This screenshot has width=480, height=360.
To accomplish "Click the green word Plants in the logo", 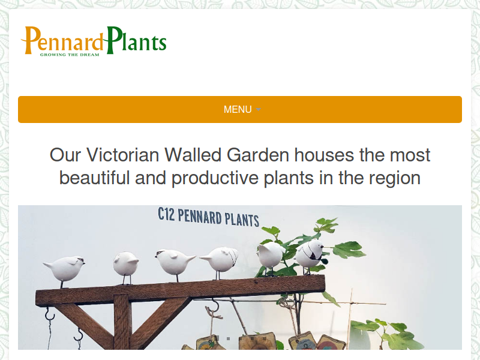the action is point(136,40).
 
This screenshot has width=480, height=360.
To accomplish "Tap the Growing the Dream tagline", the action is point(70,55).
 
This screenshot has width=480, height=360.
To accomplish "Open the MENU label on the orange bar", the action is point(238,109).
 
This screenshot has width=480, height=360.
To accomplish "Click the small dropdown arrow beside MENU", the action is point(258,109).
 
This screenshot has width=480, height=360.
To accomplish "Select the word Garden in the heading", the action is point(258,155).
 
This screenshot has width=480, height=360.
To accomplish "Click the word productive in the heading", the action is point(215,178).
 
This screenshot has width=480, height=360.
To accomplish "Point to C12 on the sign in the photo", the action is point(166,214).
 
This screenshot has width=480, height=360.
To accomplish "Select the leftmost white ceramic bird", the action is point(65,269).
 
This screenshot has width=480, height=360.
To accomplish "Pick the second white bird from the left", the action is point(125,265).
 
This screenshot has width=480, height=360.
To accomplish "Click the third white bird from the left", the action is point(175,263).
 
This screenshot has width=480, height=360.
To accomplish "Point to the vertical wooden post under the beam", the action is point(122,322).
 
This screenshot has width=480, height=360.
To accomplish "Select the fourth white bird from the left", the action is point(220,260).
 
